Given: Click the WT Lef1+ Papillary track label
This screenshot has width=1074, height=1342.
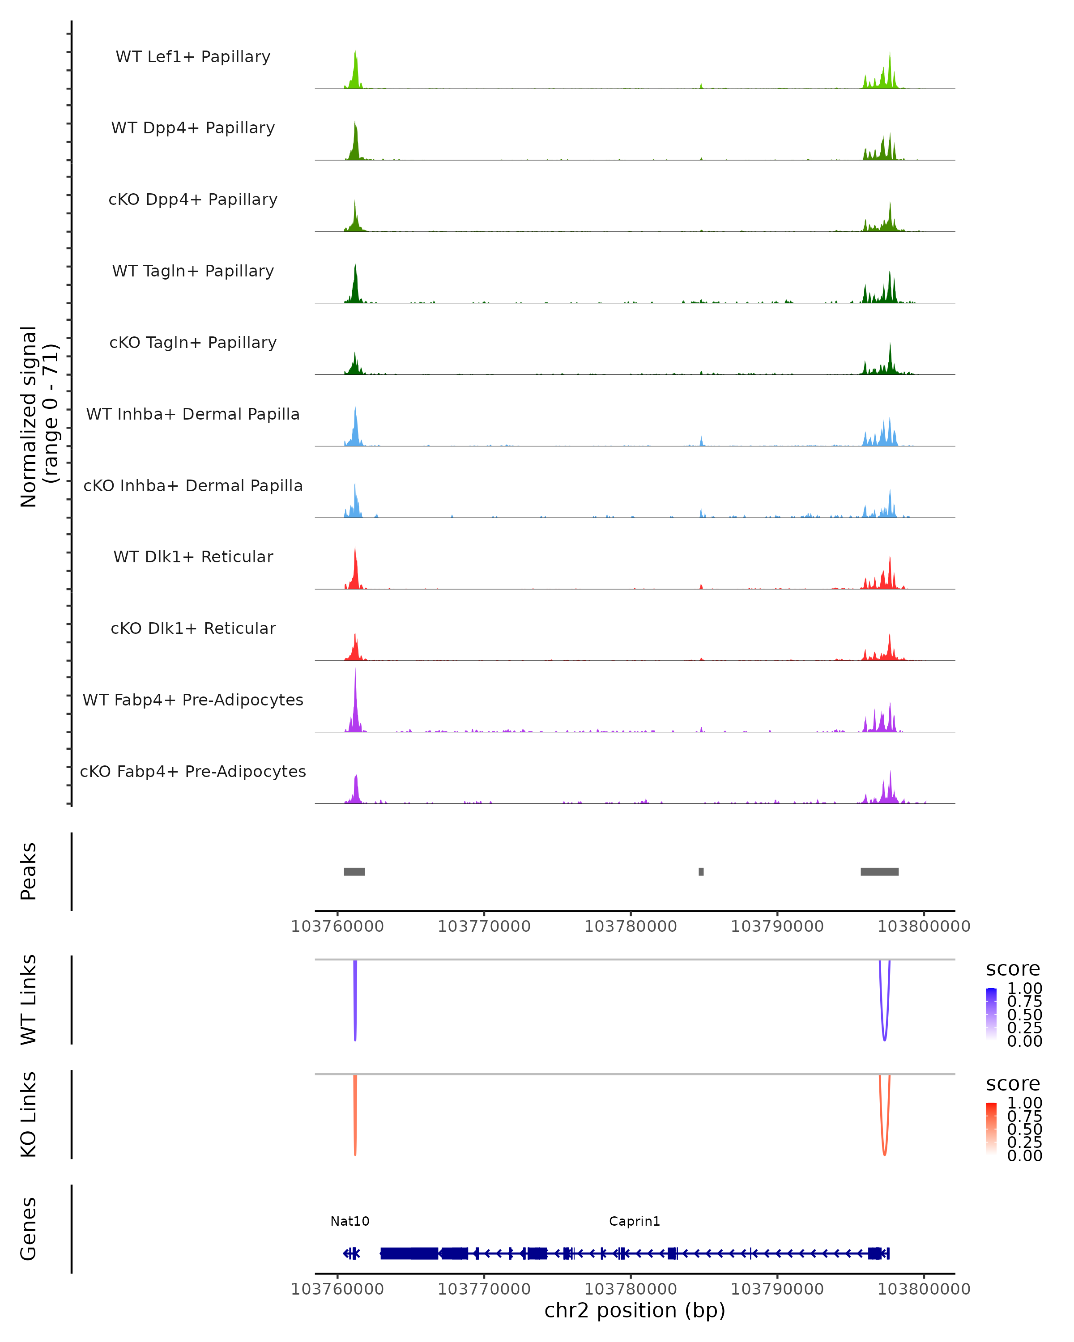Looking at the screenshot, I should pyautogui.click(x=193, y=57).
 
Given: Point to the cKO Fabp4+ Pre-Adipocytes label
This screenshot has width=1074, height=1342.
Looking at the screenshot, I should pyautogui.click(x=193, y=771).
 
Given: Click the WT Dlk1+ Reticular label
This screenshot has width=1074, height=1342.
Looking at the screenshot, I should pyautogui.click(x=193, y=556).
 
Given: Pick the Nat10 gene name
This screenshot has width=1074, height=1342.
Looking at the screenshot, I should pyautogui.click(x=350, y=1221).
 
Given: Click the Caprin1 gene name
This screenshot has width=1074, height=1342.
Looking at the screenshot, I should pyautogui.click(x=635, y=1221).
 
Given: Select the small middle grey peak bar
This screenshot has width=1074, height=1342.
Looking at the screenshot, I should pyautogui.click(x=701, y=871).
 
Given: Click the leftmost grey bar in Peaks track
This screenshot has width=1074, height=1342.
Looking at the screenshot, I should pyautogui.click(x=354, y=871).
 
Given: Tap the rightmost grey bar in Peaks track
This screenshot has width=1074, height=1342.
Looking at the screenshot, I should pyautogui.click(x=879, y=871).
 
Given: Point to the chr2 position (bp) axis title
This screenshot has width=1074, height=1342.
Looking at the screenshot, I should pyautogui.click(x=635, y=1310).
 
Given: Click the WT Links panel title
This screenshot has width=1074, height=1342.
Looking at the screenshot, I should pyautogui.click(x=29, y=999).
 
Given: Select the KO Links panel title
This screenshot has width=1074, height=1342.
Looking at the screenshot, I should pyautogui.click(x=29, y=1114).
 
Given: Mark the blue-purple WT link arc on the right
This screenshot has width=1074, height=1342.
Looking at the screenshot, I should pyautogui.click(x=885, y=1038).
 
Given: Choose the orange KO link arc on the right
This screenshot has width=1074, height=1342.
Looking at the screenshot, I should pyautogui.click(x=885, y=1153).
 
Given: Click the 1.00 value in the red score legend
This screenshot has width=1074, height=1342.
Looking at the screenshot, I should pyautogui.click(x=1024, y=1103).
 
